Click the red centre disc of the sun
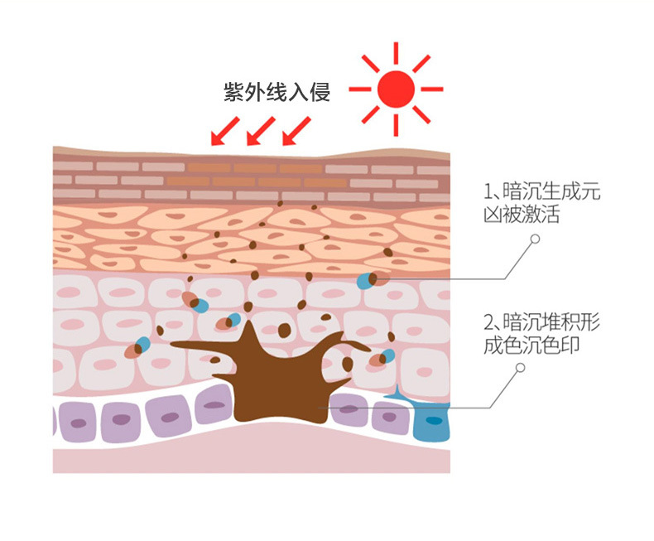395,87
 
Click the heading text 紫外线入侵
277,91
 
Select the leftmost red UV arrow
224,130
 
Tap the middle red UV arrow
260,130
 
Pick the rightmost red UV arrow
296,130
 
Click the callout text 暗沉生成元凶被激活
541,204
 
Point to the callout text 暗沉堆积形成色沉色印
541,333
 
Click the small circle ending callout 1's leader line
535,239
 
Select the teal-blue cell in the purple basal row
430,422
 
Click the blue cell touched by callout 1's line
364,281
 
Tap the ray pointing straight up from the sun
395,51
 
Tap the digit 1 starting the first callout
487,193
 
